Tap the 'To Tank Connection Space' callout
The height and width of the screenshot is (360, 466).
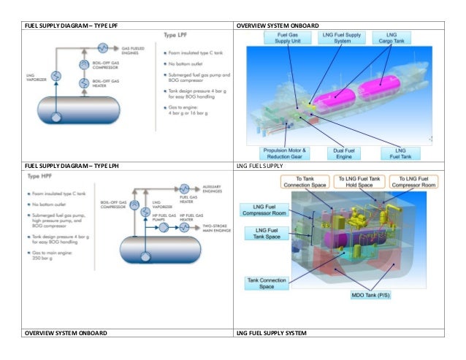click(x=301, y=182)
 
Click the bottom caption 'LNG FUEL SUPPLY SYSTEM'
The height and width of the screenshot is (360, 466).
click(x=274, y=333)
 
